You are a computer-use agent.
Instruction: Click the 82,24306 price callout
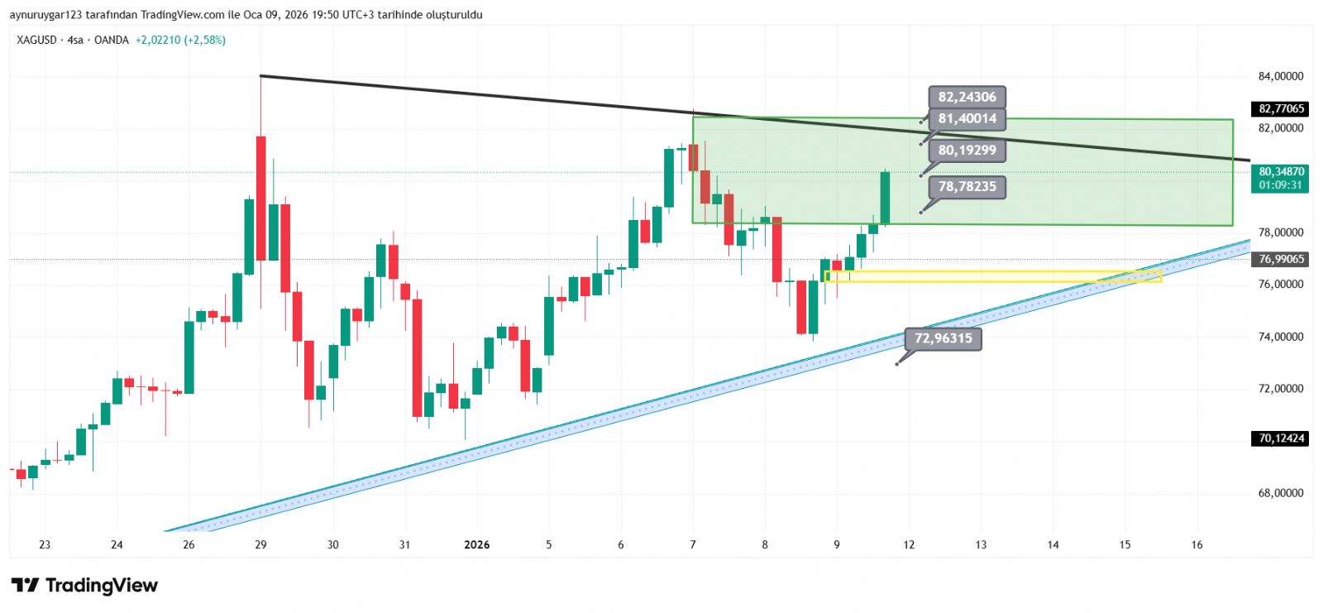click(967, 97)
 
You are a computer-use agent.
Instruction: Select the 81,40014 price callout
click(967, 119)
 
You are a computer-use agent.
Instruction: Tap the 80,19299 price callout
click(967, 151)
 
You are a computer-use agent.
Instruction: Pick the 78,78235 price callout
click(967, 187)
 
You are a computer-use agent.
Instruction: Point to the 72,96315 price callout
click(943, 338)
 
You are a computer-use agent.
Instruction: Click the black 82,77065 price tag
click(1281, 108)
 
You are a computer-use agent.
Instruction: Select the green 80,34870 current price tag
click(1281, 172)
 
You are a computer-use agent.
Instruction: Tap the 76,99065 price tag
click(1281, 259)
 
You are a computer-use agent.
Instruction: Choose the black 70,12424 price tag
click(1281, 438)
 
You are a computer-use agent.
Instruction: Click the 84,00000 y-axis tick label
click(1280, 76)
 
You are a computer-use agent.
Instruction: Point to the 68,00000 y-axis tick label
click(1280, 493)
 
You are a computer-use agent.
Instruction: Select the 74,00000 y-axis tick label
click(1280, 337)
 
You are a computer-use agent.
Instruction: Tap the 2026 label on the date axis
click(476, 544)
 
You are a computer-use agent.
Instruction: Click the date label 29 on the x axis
click(260, 544)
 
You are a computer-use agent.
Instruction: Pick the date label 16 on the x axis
click(1196, 544)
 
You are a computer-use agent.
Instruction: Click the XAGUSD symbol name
click(36, 40)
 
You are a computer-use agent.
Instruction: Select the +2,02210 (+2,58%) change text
click(180, 40)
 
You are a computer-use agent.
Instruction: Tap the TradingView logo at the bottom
click(84, 586)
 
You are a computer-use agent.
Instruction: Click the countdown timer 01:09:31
click(1281, 185)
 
